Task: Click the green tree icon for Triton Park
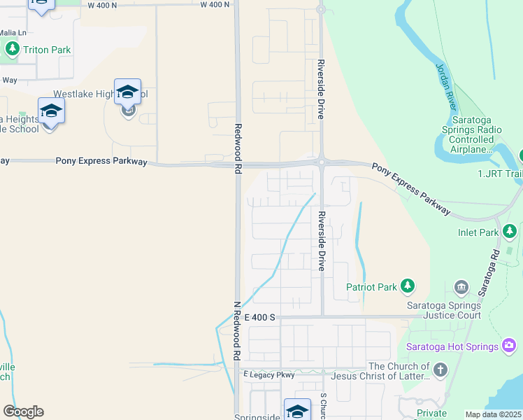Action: tap(12, 49)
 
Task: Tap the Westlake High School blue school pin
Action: tap(128, 92)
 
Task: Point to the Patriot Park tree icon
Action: tap(407, 286)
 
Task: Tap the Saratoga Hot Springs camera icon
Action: tap(510, 346)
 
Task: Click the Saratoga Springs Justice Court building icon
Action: tap(461, 286)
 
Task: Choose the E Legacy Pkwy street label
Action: tap(270, 375)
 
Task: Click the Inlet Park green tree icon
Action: tap(510, 231)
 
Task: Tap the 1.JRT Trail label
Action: tap(499, 173)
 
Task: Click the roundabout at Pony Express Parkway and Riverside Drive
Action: tap(321, 162)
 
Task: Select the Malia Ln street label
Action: tap(13, 32)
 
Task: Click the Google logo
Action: tap(23, 412)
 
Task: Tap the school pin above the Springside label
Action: tap(297, 410)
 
